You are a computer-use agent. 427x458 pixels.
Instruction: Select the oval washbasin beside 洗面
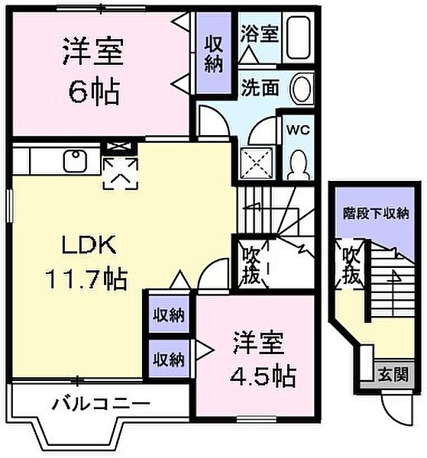click(302, 89)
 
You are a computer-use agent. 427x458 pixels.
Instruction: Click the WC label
click(296, 129)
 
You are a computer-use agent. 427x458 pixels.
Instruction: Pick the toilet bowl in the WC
click(299, 163)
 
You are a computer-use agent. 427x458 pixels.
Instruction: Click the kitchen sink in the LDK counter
click(75, 161)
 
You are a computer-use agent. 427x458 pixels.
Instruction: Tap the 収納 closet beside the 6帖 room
click(213, 53)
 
